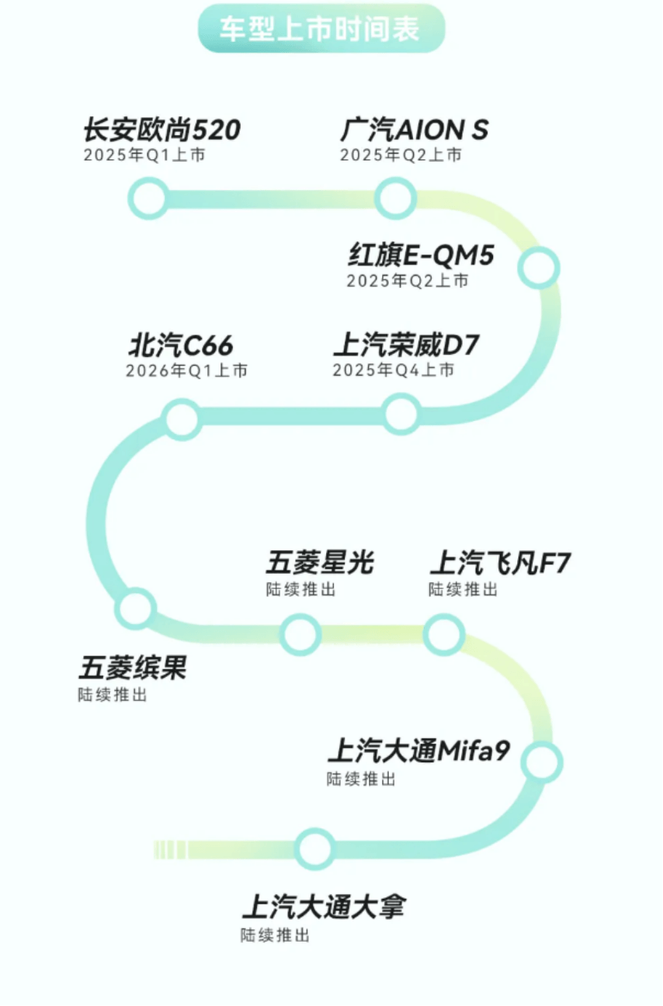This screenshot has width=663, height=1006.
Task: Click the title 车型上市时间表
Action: [319, 29]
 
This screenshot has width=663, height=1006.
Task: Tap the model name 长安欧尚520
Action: [162, 130]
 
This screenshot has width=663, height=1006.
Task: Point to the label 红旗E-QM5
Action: [422, 255]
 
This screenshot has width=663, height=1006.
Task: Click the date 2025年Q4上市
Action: [394, 370]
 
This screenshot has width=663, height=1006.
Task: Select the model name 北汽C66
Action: [181, 345]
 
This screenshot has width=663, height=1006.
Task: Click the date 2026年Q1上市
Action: [187, 370]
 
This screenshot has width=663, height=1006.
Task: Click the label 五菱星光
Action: [320, 562]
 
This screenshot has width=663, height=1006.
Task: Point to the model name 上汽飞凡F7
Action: [501, 562]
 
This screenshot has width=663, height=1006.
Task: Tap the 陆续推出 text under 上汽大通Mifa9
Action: [361, 779]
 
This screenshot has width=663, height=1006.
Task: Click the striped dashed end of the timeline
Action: [170, 849]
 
